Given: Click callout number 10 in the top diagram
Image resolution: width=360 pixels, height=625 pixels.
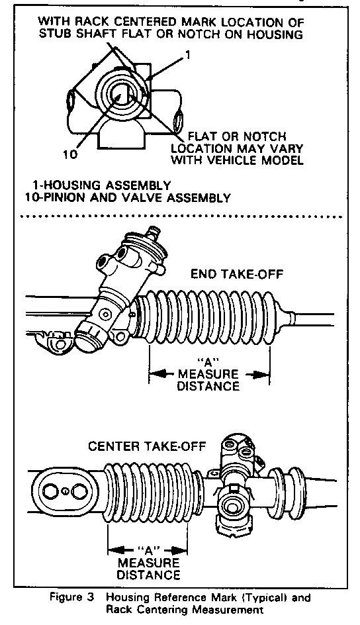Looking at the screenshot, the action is click(x=71, y=155).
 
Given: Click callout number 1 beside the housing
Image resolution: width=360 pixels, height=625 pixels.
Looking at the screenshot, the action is click(x=188, y=54).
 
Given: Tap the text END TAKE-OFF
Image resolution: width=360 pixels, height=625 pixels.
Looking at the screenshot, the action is click(x=238, y=274).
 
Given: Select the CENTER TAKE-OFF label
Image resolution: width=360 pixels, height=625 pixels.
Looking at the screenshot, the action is click(x=147, y=446).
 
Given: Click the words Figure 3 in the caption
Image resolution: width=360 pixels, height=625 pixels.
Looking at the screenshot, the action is click(x=72, y=597).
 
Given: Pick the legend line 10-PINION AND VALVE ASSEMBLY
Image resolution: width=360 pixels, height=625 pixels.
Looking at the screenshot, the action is click(x=128, y=198).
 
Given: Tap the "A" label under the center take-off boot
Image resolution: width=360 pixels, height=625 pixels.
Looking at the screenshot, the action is click(x=148, y=551).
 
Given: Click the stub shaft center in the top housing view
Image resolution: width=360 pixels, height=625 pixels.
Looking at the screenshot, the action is click(x=120, y=95).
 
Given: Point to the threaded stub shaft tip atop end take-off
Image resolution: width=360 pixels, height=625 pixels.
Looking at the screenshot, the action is click(x=153, y=232).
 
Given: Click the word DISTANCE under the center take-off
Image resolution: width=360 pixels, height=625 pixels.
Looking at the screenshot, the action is click(x=148, y=575).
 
